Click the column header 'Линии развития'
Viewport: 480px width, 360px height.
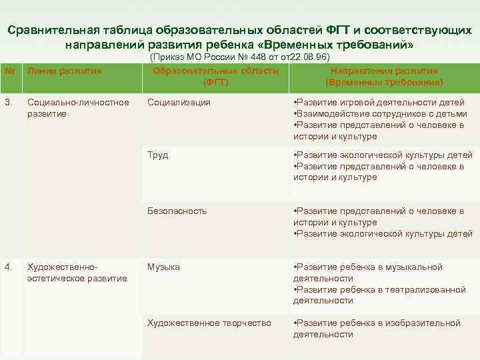click(64, 71)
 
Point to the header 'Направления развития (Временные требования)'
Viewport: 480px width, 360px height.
click(384, 77)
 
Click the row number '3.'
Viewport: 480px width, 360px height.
click(8, 103)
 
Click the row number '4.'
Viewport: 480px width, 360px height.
click(8, 267)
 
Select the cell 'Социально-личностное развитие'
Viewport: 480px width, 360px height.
click(78, 108)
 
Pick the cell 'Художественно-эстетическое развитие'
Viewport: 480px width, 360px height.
click(77, 273)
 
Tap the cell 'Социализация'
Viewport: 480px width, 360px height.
click(179, 103)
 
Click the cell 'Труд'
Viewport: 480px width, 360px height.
click(157, 155)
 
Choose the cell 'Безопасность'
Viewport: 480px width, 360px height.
click(177, 211)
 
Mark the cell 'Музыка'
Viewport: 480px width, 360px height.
click(163, 267)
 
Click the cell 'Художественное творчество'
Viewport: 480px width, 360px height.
click(209, 323)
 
